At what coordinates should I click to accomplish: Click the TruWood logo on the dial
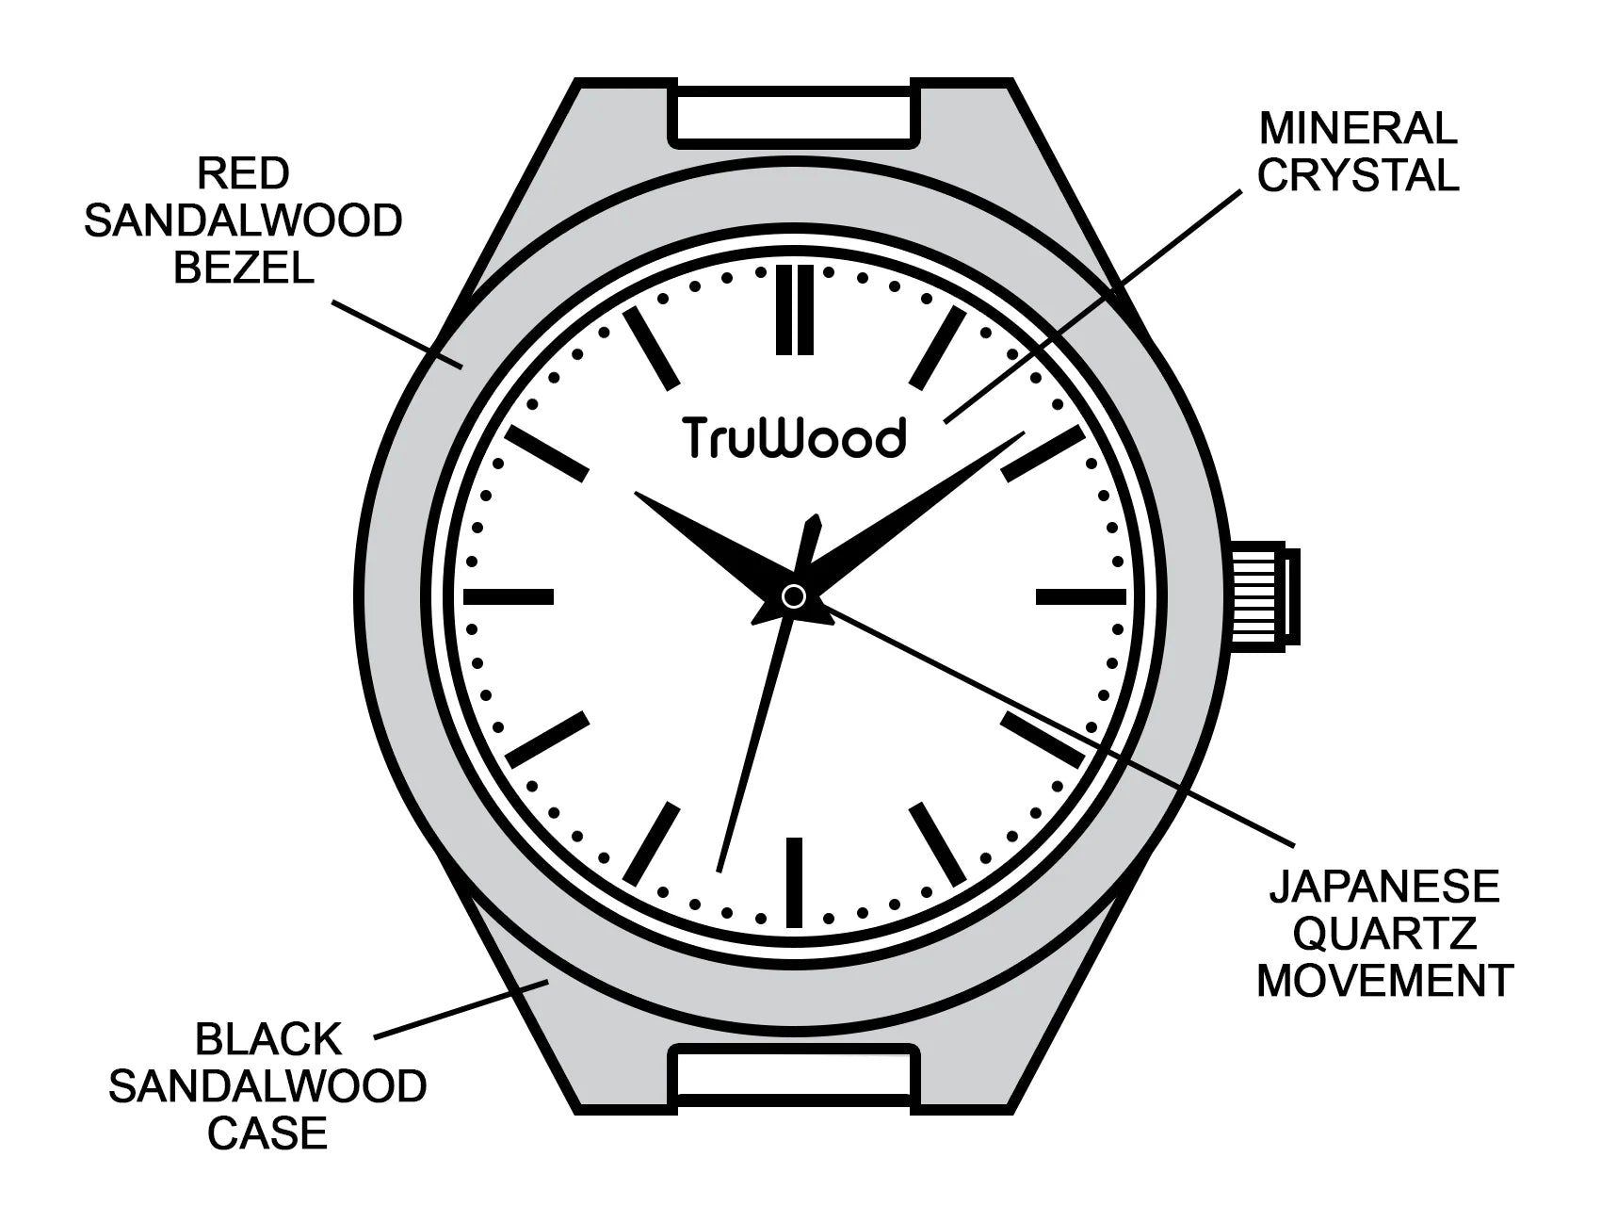(x=794, y=437)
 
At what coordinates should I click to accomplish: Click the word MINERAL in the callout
(x=1358, y=128)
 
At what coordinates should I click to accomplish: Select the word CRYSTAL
(x=1358, y=175)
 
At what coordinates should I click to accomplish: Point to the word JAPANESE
(x=1383, y=887)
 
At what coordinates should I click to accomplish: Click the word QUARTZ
(x=1383, y=934)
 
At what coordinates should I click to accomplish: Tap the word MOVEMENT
(x=1383, y=981)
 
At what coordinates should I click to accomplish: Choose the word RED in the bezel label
(x=243, y=173)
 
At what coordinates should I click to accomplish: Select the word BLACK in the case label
(x=267, y=1040)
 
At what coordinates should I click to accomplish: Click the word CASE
(x=267, y=1133)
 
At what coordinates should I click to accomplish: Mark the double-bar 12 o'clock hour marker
(x=794, y=310)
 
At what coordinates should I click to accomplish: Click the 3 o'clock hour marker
(x=1081, y=596)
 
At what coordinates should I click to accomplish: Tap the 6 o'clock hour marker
(x=794, y=882)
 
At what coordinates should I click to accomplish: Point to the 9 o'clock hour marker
(x=509, y=596)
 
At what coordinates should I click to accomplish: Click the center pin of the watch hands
(x=794, y=595)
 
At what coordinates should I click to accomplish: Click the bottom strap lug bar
(x=794, y=1076)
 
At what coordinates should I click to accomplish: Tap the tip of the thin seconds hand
(x=719, y=869)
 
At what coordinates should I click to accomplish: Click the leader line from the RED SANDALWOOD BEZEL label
(x=396, y=332)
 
